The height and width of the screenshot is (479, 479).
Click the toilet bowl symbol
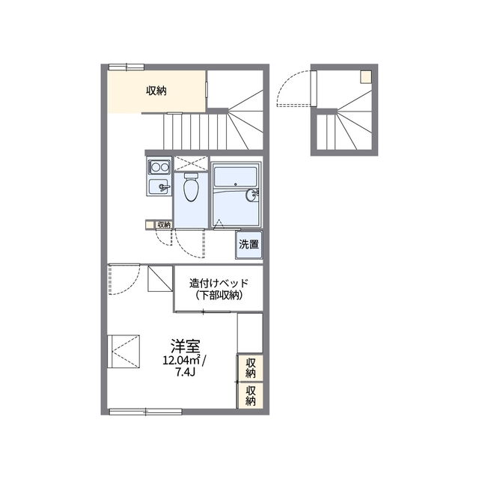pyautogui.click(x=192, y=187)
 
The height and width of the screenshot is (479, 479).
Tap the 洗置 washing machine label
pyautogui.click(x=248, y=245)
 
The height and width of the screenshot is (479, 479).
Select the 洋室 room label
pyautogui.click(x=185, y=346)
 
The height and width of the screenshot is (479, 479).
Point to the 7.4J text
pyautogui.click(x=185, y=373)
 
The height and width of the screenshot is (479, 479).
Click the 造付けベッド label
pyautogui.click(x=219, y=283)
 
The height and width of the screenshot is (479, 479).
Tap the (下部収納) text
pyautogui.click(x=219, y=295)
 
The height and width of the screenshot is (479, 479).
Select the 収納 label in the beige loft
pyautogui.click(x=156, y=91)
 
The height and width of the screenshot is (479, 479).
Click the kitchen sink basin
pyautogui.click(x=158, y=186)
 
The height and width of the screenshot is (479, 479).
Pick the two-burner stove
pyautogui.click(x=159, y=167)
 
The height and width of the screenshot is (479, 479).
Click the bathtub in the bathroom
pyautogui.click(x=235, y=177)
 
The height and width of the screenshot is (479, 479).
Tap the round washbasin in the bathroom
pyautogui.click(x=251, y=195)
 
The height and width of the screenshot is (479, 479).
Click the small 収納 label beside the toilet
pyautogui.click(x=164, y=225)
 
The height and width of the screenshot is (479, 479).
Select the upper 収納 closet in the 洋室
pyautogui.click(x=250, y=368)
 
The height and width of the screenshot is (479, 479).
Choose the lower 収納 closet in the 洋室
pyautogui.click(x=250, y=395)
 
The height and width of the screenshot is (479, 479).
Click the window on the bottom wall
pyautogui.click(x=146, y=412)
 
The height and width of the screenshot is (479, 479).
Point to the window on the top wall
pyautogui.click(x=126, y=67)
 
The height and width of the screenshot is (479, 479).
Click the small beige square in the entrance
pyautogui.click(x=366, y=76)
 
